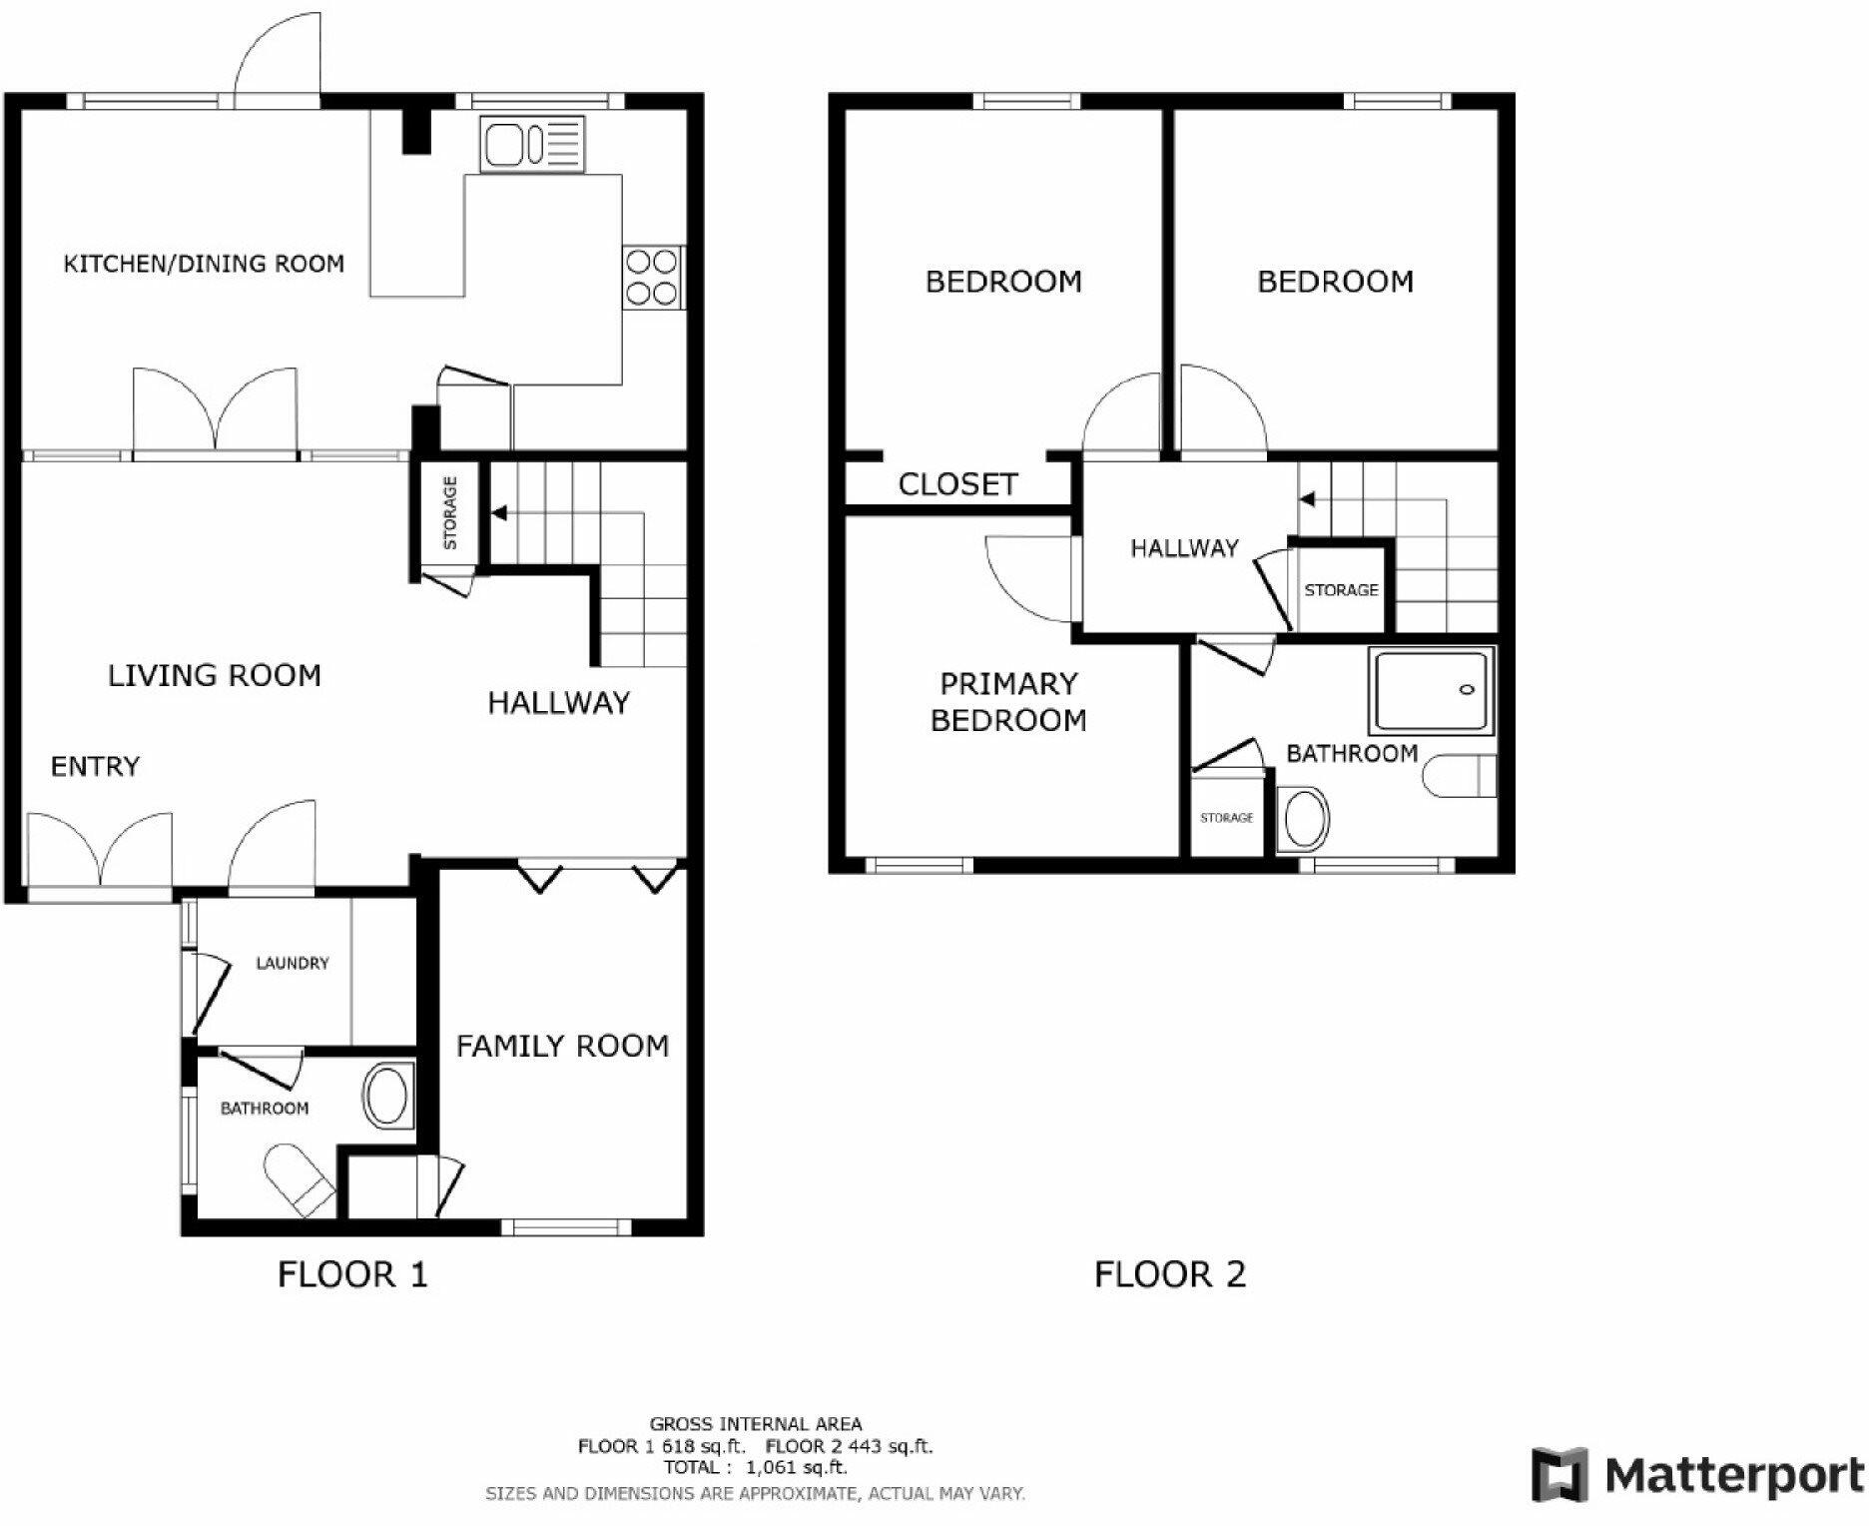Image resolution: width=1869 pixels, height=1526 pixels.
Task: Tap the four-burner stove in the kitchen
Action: [652, 278]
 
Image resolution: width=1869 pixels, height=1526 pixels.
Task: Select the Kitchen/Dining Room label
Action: [204, 264]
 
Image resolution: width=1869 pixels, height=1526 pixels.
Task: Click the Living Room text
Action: [215, 676]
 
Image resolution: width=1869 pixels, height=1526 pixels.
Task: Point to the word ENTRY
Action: [95, 767]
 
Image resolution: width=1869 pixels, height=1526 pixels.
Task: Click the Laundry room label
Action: [292, 964]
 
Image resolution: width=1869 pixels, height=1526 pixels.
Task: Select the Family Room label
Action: [562, 1047]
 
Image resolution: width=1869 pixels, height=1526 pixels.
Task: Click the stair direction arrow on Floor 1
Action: [499, 513]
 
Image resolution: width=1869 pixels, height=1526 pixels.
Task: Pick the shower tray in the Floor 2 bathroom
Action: [1434, 690]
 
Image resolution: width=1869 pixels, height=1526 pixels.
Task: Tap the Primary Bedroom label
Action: [1008, 702]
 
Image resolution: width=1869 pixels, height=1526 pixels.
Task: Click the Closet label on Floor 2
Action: [957, 485]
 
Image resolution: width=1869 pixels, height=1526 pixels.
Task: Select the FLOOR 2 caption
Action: [1170, 1275]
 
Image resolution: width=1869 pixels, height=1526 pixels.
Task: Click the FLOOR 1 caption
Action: [352, 1275]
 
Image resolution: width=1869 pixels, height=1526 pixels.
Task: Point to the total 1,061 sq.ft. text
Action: [756, 1467]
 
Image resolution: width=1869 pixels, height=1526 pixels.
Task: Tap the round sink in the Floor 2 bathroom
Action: [1305, 820]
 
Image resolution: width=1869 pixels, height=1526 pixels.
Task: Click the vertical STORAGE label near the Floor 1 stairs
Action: [450, 513]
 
